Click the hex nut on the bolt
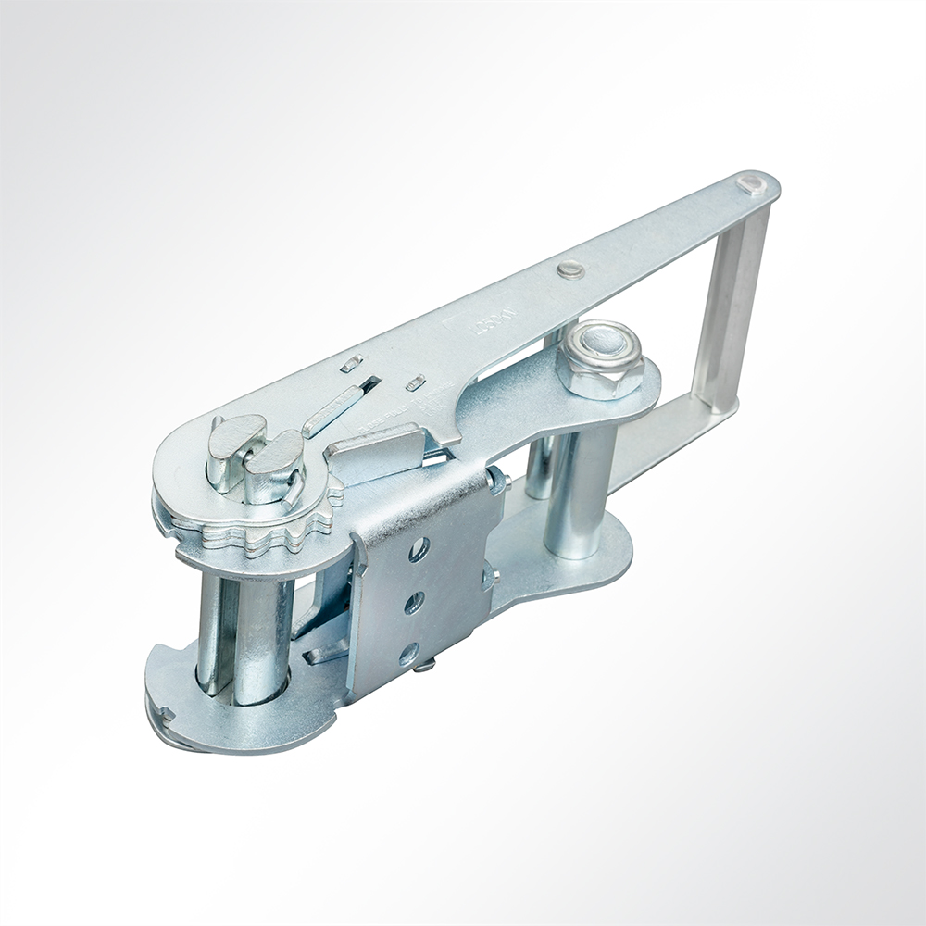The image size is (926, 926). [x=599, y=359]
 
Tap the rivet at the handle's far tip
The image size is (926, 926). [x=751, y=185]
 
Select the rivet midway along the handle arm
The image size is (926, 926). [x=570, y=269]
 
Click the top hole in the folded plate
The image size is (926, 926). [x=419, y=550]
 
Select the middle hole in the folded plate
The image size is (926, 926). [x=414, y=603]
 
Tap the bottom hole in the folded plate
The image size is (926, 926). [x=408, y=655]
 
